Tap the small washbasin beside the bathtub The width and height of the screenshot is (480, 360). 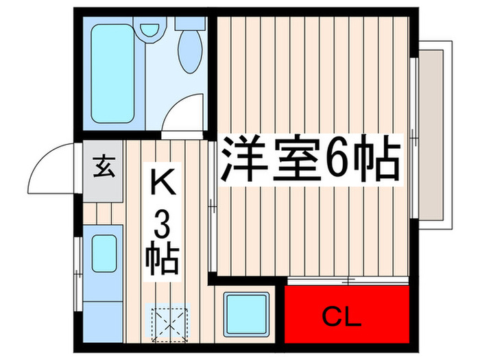[x=147, y=30]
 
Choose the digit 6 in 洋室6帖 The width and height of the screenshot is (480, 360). [x=339, y=161]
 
